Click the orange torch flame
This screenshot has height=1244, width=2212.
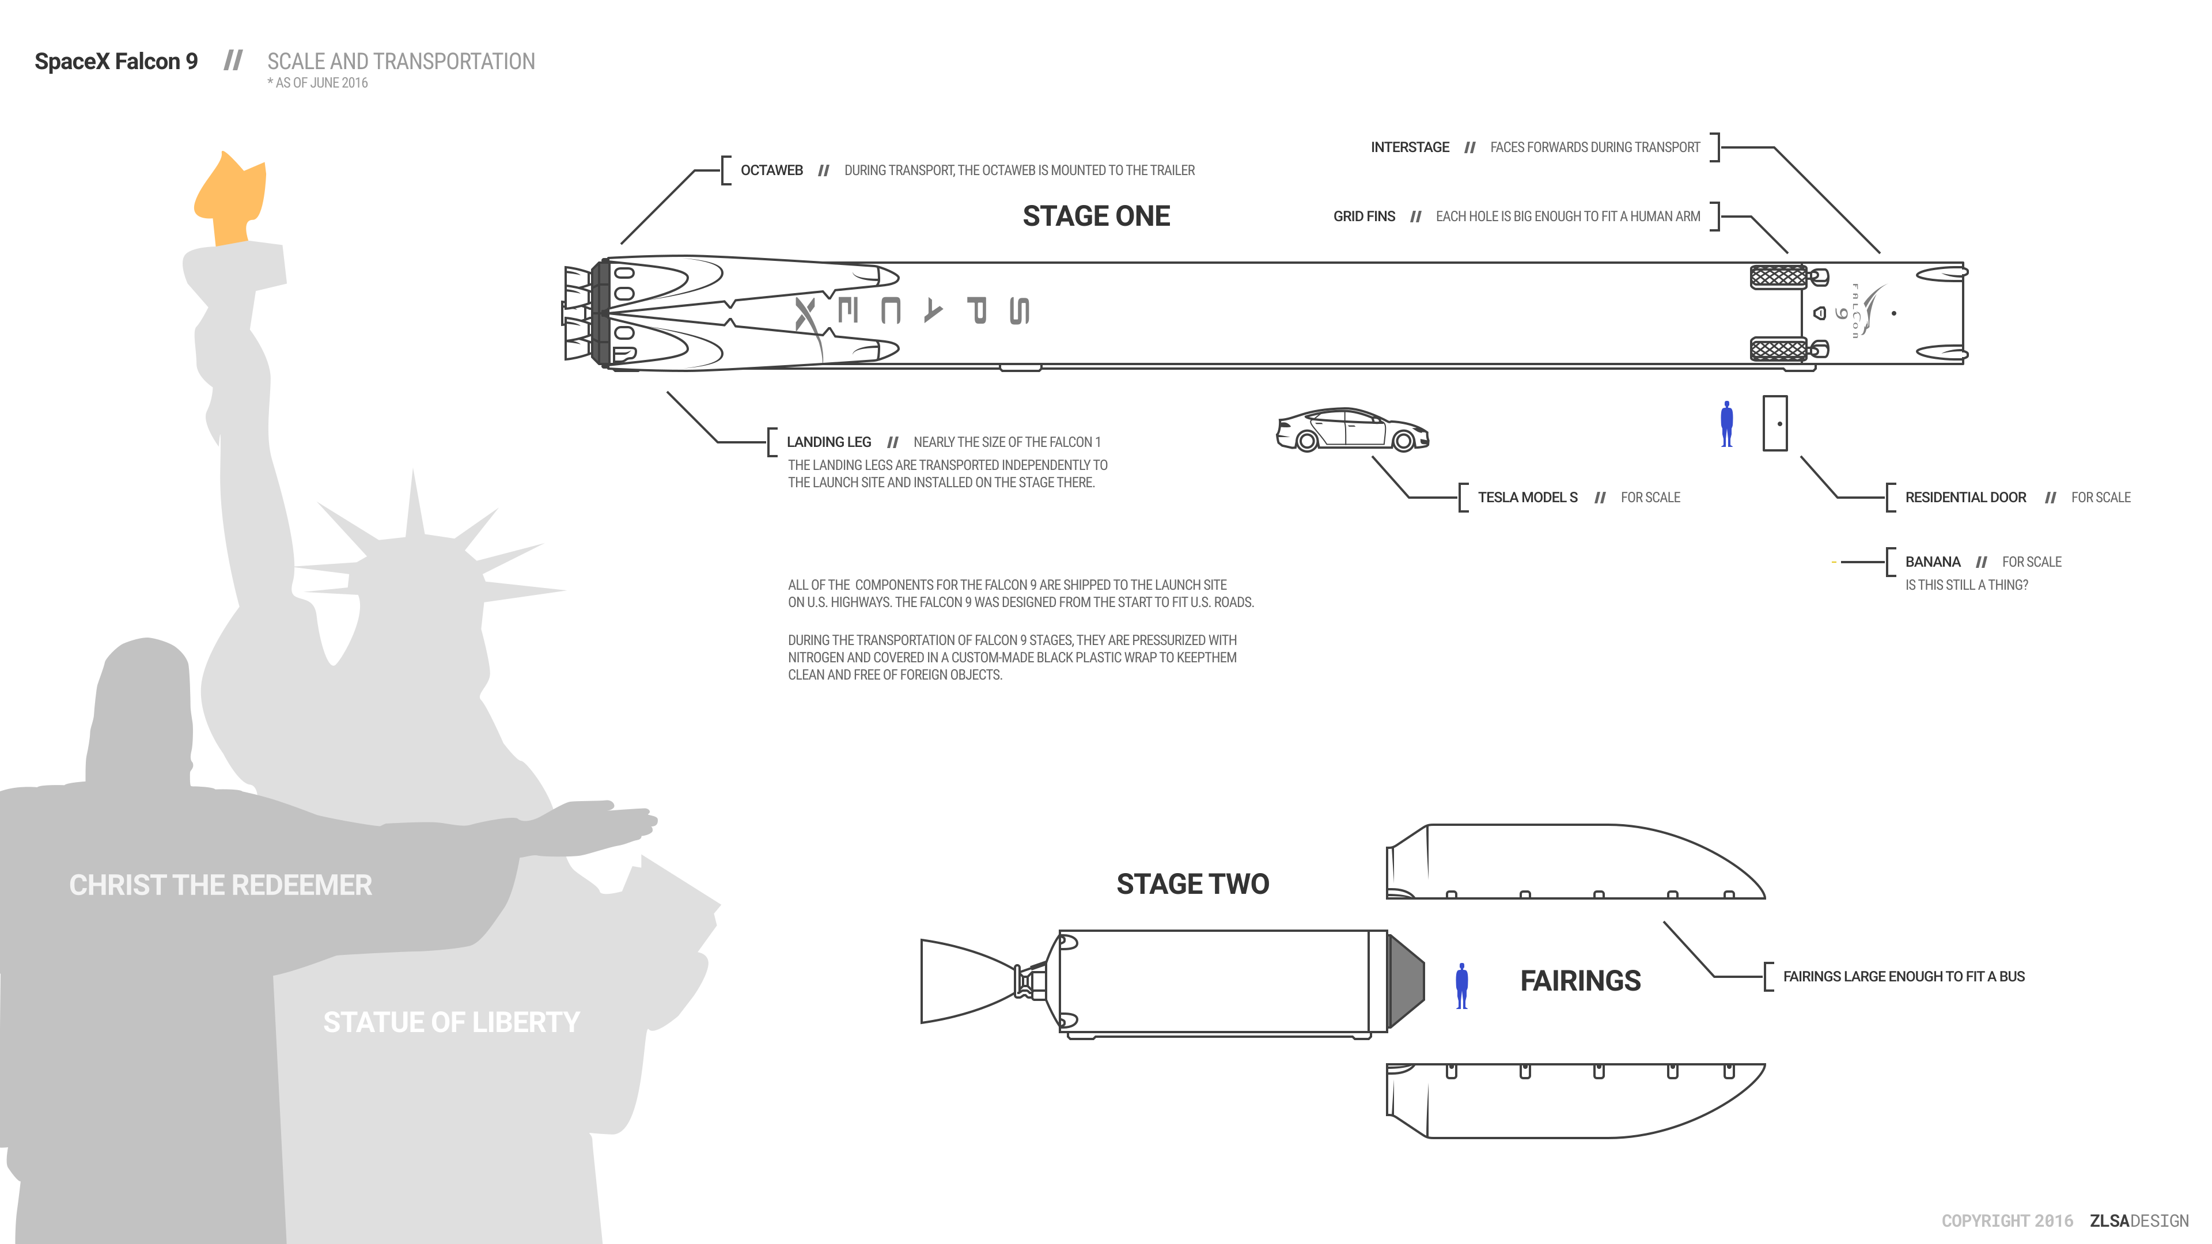(x=230, y=200)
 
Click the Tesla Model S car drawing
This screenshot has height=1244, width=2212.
(x=1353, y=429)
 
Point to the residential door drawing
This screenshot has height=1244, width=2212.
(x=1774, y=423)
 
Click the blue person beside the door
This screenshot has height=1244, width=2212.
(x=1727, y=424)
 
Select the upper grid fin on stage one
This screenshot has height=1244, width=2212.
(x=1778, y=276)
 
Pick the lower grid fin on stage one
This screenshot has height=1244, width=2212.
(x=1778, y=350)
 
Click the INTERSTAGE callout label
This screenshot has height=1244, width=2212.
(x=1409, y=147)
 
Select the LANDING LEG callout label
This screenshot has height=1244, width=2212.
(x=829, y=442)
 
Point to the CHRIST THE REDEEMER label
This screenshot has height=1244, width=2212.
(x=221, y=885)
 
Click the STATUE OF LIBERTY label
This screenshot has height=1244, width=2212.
(x=452, y=1022)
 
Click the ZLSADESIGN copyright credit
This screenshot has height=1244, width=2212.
(x=2139, y=1221)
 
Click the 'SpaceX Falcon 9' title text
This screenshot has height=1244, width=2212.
(x=116, y=62)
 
